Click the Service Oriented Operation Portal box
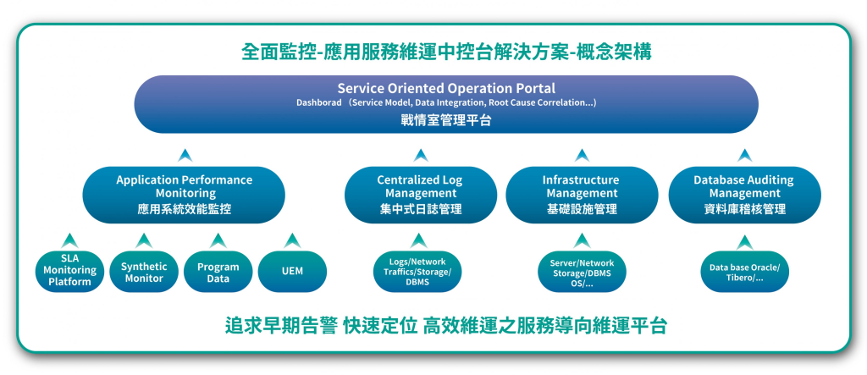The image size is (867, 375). click(446, 104)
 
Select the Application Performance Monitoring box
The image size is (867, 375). click(184, 195)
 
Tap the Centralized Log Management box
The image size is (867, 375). click(420, 195)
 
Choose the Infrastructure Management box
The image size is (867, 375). click(582, 195)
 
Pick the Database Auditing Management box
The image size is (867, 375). click(745, 195)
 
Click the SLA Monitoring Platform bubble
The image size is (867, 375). click(69, 272)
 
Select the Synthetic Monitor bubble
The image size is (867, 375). click(144, 272)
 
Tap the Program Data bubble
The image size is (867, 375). click(218, 272)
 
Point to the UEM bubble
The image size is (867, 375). click(292, 272)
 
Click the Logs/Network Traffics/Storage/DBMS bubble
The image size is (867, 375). click(417, 272)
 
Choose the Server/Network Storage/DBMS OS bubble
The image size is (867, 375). click(582, 272)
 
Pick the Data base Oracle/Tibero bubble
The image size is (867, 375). click(745, 272)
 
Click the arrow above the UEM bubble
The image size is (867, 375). click(292, 240)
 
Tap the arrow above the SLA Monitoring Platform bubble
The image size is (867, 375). click(69, 240)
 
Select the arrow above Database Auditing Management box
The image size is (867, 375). click(745, 156)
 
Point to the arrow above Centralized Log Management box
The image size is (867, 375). click(421, 156)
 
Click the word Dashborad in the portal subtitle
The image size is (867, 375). click(319, 103)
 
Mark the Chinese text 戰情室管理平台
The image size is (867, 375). click(446, 120)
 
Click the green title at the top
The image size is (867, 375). click(446, 52)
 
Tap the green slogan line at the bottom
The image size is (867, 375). click(445, 326)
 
